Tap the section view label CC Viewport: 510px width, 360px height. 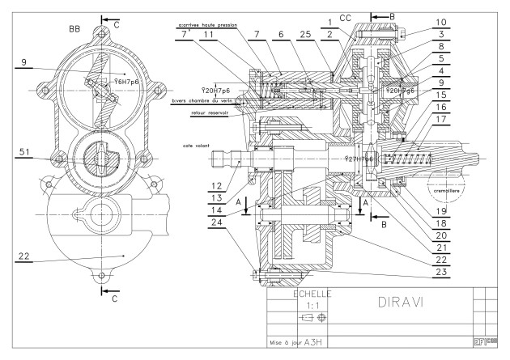coord(344,15)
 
